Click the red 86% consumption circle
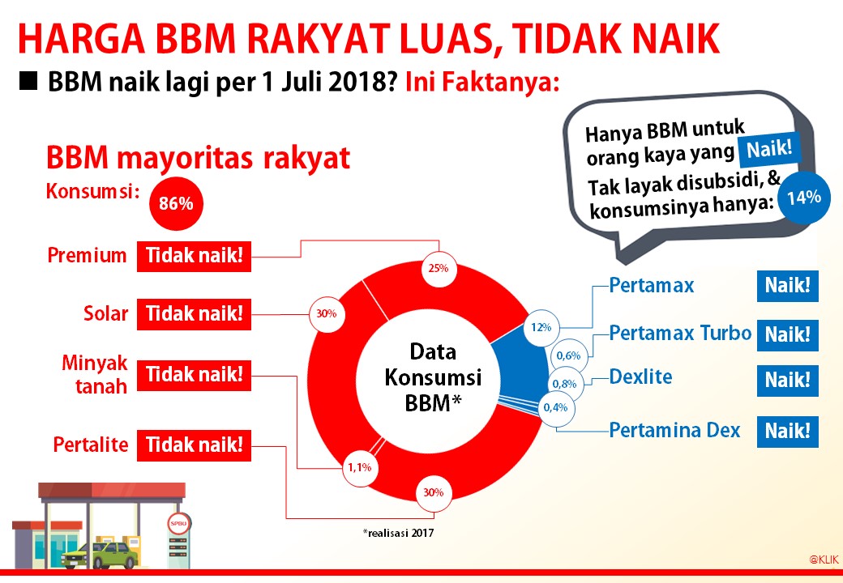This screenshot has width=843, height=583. (176, 204)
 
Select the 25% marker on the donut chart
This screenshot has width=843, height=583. (439, 268)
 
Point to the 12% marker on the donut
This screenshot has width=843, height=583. (541, 327)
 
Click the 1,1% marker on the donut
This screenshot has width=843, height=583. (359, 467)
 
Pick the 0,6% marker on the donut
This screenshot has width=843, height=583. (567, 355)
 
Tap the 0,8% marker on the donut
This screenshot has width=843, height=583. (565, 383)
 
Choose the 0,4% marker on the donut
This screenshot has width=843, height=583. (555, 407)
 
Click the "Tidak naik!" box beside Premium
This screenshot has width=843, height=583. (194, 257)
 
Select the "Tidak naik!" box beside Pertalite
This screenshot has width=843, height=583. (194, 445)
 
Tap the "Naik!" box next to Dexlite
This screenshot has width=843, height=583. (787, 381)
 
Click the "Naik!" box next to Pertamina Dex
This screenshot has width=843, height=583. (787, 432)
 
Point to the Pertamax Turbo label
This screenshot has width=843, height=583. (680, 333)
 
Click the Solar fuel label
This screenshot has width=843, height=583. (105, 314)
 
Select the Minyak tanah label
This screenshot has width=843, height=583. (95, 374)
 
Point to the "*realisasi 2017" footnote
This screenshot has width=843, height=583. (399, 533)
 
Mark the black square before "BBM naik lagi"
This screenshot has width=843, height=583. (30, 82)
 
